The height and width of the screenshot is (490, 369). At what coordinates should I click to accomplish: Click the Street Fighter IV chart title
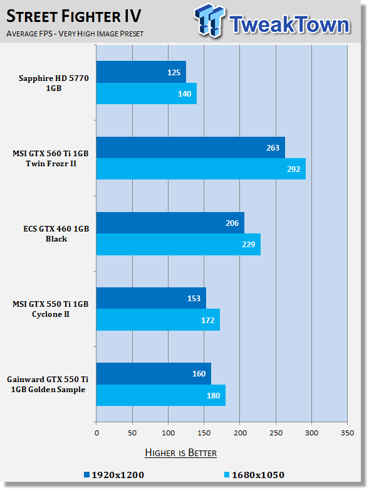[x=74, y=16]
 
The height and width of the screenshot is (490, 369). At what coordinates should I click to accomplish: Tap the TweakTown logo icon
[x=209, y=21]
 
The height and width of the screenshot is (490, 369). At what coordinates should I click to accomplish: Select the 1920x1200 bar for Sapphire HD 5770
[x=141, y=72]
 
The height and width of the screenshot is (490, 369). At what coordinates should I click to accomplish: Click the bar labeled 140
[x=147, y=93]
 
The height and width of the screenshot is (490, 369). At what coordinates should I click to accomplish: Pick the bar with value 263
[x=190, y=147]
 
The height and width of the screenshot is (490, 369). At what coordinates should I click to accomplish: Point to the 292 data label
[x=294, y=169]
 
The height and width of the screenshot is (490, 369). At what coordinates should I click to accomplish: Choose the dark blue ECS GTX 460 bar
[x=170, y=223]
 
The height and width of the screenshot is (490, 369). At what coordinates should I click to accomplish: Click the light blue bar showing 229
[x=179, y=245]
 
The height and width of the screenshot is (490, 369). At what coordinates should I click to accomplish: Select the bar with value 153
[x=151, y=298]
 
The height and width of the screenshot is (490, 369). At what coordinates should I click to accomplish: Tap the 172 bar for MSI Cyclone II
[x=158, y=320]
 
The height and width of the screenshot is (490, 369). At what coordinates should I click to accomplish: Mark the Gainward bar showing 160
[x=153, y=374]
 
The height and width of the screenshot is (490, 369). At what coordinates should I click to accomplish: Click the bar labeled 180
[x=160, y=395]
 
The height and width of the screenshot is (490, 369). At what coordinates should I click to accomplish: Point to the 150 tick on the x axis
[x=204, y=433]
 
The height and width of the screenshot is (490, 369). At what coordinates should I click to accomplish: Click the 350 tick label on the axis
[x=347, y=433]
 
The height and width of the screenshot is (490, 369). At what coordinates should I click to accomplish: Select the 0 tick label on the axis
[x=96, y=433]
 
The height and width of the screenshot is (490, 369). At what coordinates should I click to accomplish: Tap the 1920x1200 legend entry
[x=114, y=475]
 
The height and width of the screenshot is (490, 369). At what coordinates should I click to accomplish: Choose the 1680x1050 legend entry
[x=254, y=475]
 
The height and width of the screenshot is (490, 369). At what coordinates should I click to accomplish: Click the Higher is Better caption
[x=180, y=453]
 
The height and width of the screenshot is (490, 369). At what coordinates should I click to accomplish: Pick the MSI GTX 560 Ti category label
[x=51, y=159]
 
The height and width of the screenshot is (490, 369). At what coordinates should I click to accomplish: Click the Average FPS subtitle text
[x=75, y=33]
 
